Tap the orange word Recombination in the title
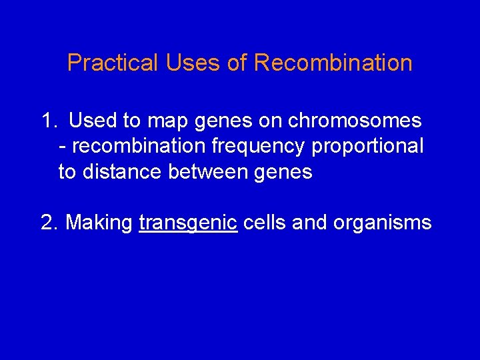tap(333, 63)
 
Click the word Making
tap(99, 223)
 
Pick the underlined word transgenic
tap(188, 223)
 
